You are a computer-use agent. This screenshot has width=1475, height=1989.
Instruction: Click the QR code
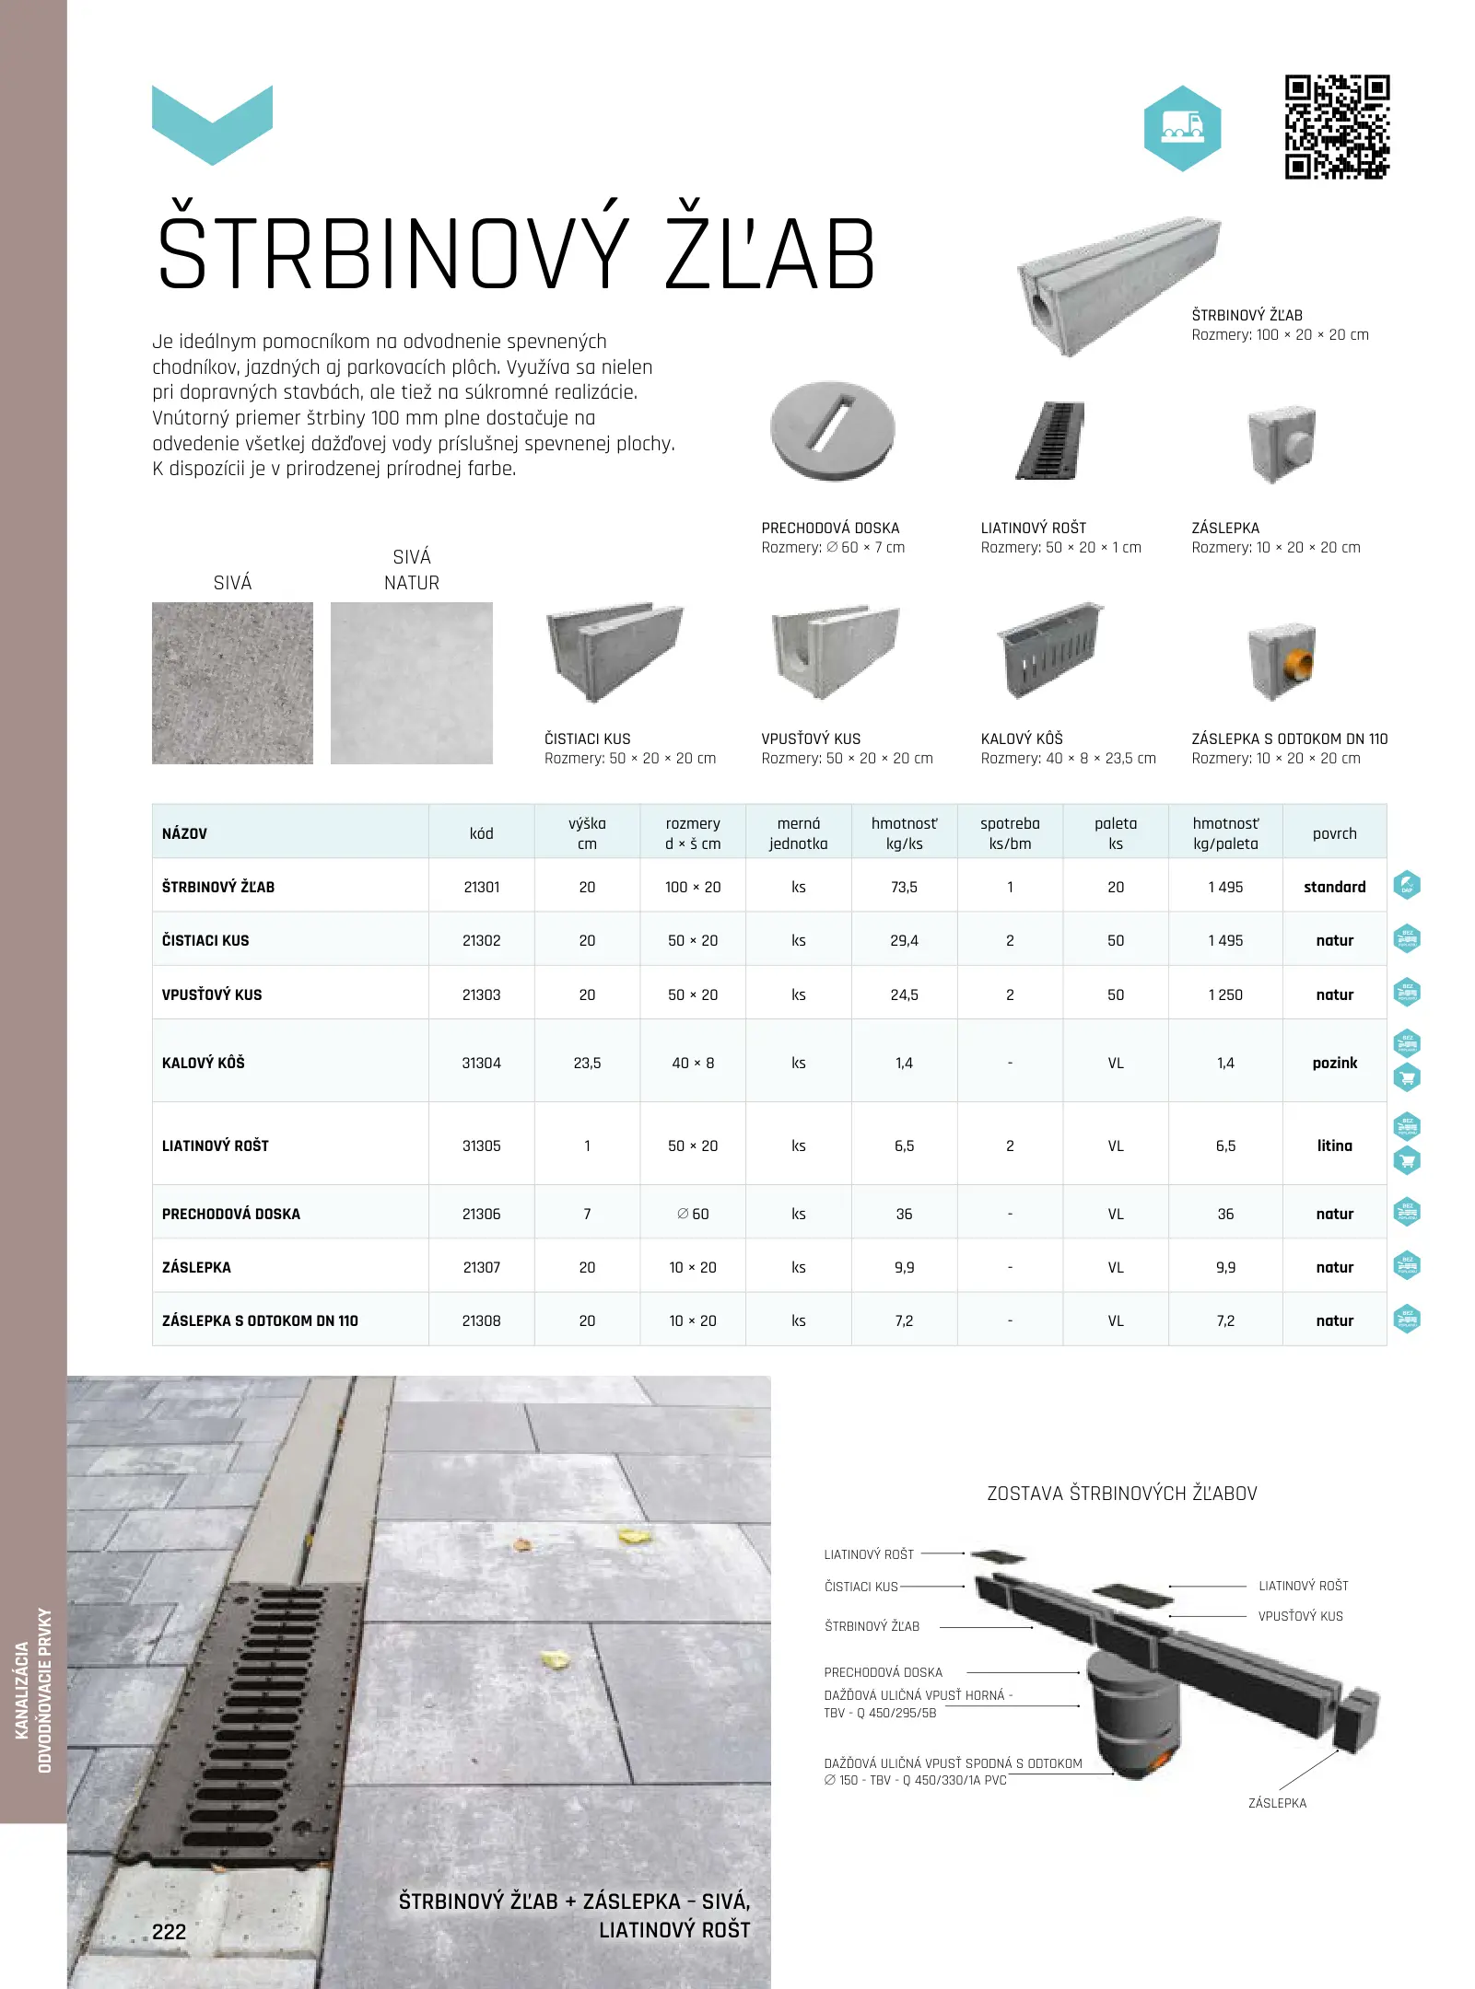[x=1337, y=127]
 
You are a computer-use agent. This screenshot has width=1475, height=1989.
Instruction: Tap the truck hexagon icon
[x=1182, y=128]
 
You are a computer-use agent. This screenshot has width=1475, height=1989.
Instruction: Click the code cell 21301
[x=481, y=887]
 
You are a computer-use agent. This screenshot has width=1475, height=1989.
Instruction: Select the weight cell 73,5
[x=904, y=887]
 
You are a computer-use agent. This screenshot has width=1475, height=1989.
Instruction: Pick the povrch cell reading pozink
[x=1334, y=1063]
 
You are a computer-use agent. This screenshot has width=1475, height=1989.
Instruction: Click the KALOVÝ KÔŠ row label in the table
[x=204, y=1063]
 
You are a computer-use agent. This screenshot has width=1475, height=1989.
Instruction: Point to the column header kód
[x=481, y=833]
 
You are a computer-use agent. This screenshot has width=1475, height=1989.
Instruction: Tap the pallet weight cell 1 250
[x=1225, y=994]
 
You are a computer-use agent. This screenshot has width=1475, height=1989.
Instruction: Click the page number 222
[x=170, y=1932]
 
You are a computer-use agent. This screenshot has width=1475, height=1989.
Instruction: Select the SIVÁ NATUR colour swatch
[x=411, y=683]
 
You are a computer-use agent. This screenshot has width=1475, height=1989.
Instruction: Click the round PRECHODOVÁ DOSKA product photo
[x=832, y=431]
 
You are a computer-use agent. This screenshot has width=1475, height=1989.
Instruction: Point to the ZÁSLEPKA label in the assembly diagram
[x=1277, y=1803]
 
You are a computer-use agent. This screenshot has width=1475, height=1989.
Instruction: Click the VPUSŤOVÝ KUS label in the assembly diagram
[x=1300, y=1616]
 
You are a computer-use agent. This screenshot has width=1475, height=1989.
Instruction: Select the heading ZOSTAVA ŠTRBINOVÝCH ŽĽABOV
[x=1121, y=1494]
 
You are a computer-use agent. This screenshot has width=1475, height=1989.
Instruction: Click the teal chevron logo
[x=212, y=125]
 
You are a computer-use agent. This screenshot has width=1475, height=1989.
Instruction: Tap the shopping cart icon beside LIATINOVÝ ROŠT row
[x=1407, y=1160]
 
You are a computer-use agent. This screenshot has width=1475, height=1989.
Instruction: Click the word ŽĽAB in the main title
[x=769, y=255]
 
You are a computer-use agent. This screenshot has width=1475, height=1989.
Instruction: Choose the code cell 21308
[x=481, y=1320]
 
